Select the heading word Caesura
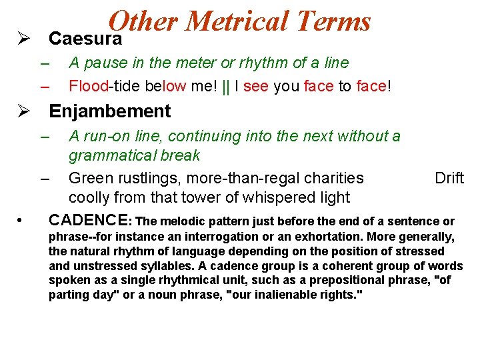85,39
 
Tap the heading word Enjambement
110,111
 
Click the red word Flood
88,86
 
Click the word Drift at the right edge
449,178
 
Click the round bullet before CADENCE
22,220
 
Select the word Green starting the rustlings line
89,178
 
